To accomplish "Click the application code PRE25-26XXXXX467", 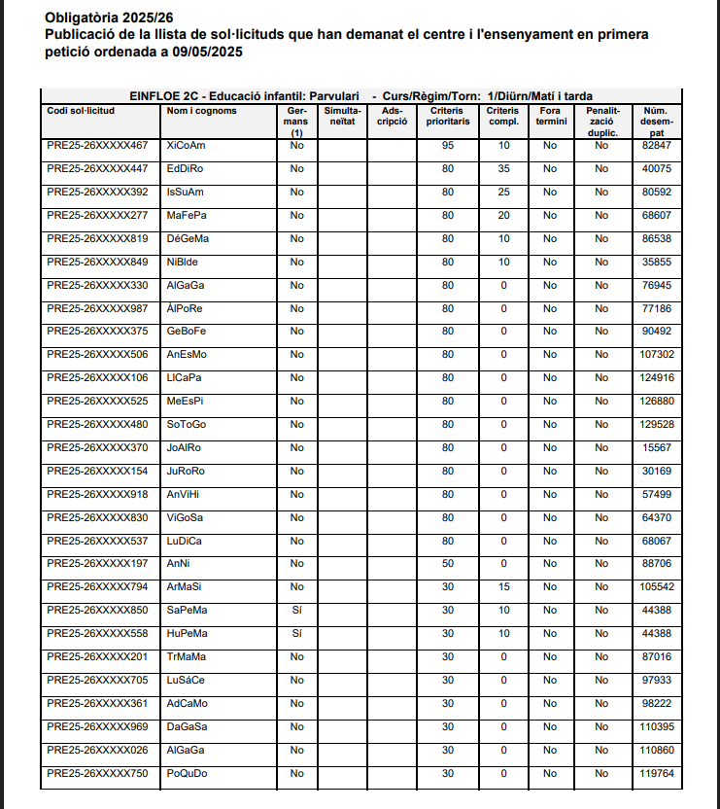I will tap(97, 146).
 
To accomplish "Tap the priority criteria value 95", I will tap(448, 146).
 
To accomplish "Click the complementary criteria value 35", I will tap(503, 169).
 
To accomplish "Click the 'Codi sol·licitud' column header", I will tap(81, 111).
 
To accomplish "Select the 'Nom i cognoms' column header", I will tap(201, 111).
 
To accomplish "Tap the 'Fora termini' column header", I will tap(550, 116).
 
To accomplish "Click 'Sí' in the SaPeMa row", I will tap(297, 611).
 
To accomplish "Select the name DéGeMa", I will tap(188, 239).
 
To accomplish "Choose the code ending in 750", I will tap(97, 774).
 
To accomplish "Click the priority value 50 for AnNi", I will tap(448, 564).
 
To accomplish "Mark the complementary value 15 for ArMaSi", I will tap(503, 587).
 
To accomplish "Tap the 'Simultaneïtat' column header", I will tap(343, 116).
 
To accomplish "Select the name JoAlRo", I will tap(184, 448).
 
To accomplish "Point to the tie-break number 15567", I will tap(658, 448).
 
